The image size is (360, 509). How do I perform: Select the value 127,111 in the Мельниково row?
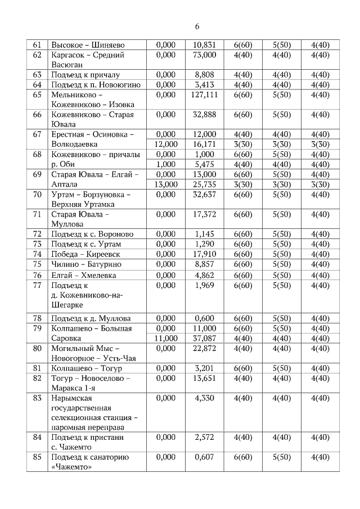[x=204, y=94]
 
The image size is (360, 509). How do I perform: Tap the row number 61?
[x=38, y=45]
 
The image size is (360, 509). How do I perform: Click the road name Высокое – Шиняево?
[x=88, y=45]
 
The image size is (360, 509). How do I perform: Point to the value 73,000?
[x=204, y=55]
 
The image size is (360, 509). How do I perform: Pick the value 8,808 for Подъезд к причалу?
[x=204, y=75]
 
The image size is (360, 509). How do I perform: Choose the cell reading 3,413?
[x=204, y=85]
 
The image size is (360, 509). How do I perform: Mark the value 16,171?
[x=204, y=144]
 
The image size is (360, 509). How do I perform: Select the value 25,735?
[x=204, y=184]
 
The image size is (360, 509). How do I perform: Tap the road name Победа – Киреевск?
[x=85, y=254]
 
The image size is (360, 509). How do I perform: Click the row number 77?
[x=38, y=285]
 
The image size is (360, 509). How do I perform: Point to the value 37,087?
[x=204, y=339]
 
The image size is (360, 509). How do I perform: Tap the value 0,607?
[x=204, y=457]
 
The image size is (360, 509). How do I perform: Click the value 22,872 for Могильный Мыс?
[x=204, y=349]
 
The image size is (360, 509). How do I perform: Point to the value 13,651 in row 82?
[x=204, y=379]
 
